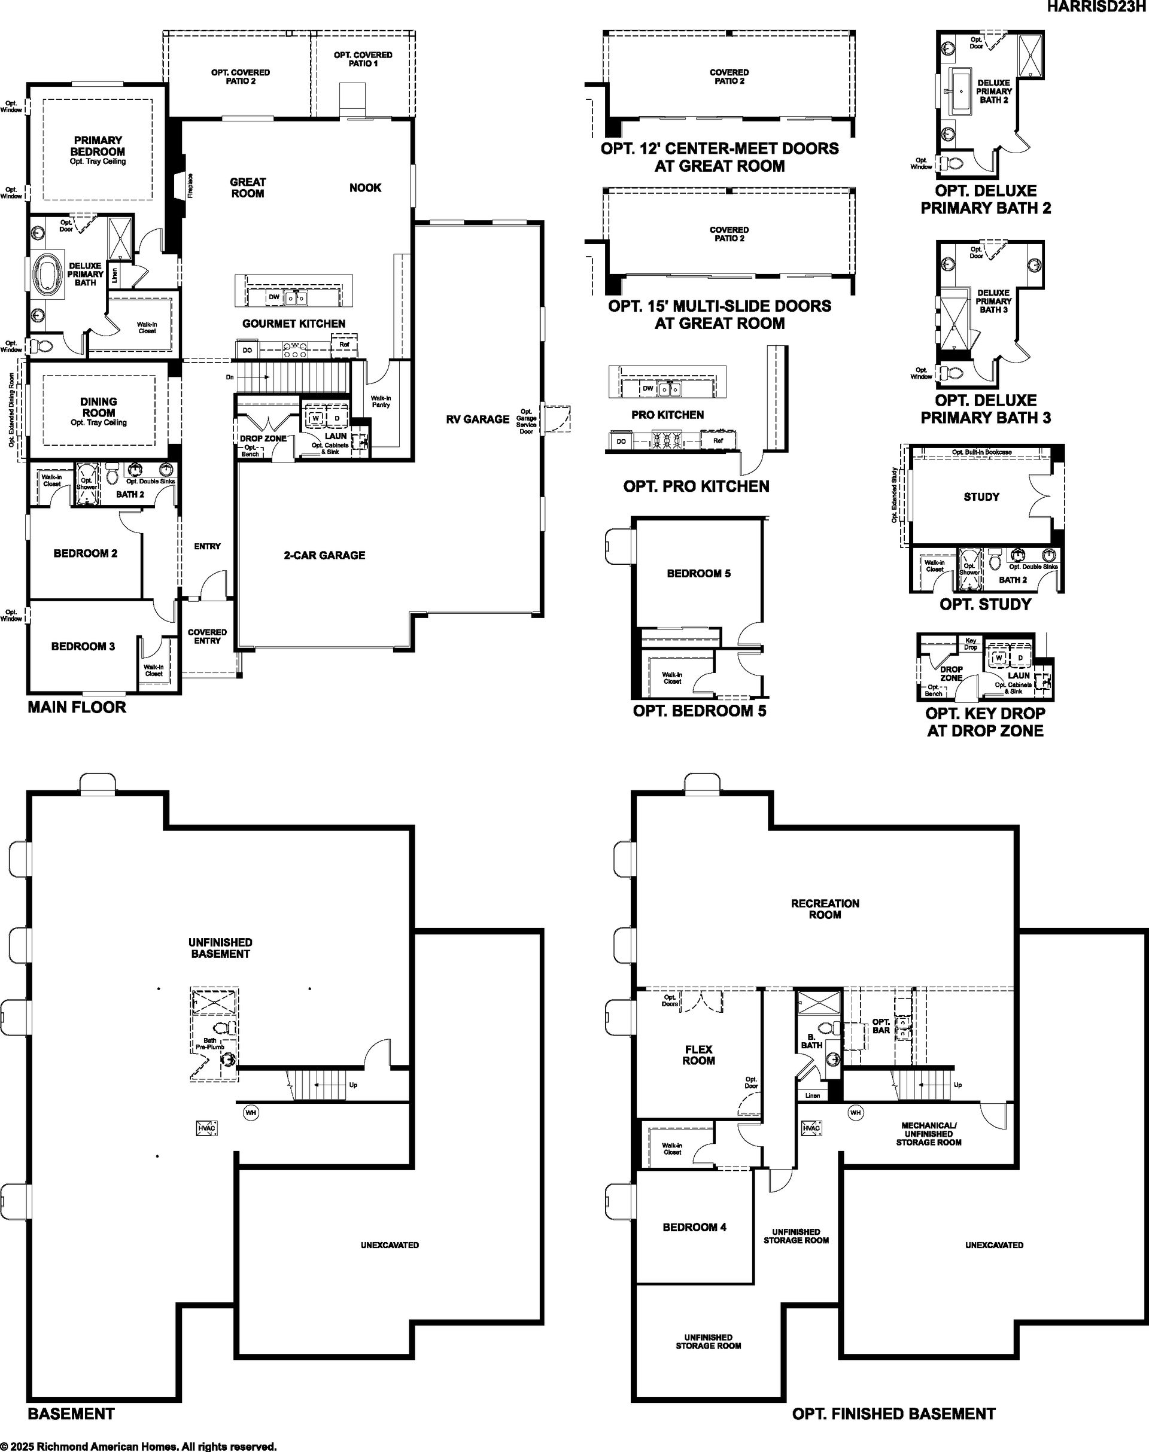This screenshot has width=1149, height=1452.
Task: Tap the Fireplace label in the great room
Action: pyautogui.click(x=190, y=185)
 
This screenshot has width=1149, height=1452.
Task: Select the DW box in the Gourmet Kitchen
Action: pyautogui.click(x=274, y=297)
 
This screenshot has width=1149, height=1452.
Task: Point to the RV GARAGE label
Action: pyautogui.click(x=478, y=419)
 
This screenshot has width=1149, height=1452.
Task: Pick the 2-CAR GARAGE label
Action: pyautogui.click(x=324, y=555)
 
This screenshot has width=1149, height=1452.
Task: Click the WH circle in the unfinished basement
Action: pyautogui.click(x=251, y=1113)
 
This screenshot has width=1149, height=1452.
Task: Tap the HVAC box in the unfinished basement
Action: pyautogui.click(x=206, y=1128)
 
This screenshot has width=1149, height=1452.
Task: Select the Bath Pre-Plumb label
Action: pyautogui.click(x=210, y=1044)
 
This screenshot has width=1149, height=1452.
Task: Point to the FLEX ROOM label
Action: pyautogui.click(x=698, y=1055)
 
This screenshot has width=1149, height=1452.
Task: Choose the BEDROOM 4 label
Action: pyautogui.click(x=694, y=1226)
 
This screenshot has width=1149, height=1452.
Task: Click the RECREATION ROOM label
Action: pyautogui.click(x=825, y=909)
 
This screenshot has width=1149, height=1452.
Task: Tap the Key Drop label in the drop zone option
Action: pyautogui.click(x=971, y=644)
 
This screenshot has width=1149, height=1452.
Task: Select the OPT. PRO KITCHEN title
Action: pyautogui.click(x=696, y=486)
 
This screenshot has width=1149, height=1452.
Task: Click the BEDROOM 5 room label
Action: pyautogui.click(x=698, y=573)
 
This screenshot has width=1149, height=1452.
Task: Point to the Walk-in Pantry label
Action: pyautogui.click(x=381, y=401)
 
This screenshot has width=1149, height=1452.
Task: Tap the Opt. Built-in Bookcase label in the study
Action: pyautogui.click(x=981, y=452)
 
